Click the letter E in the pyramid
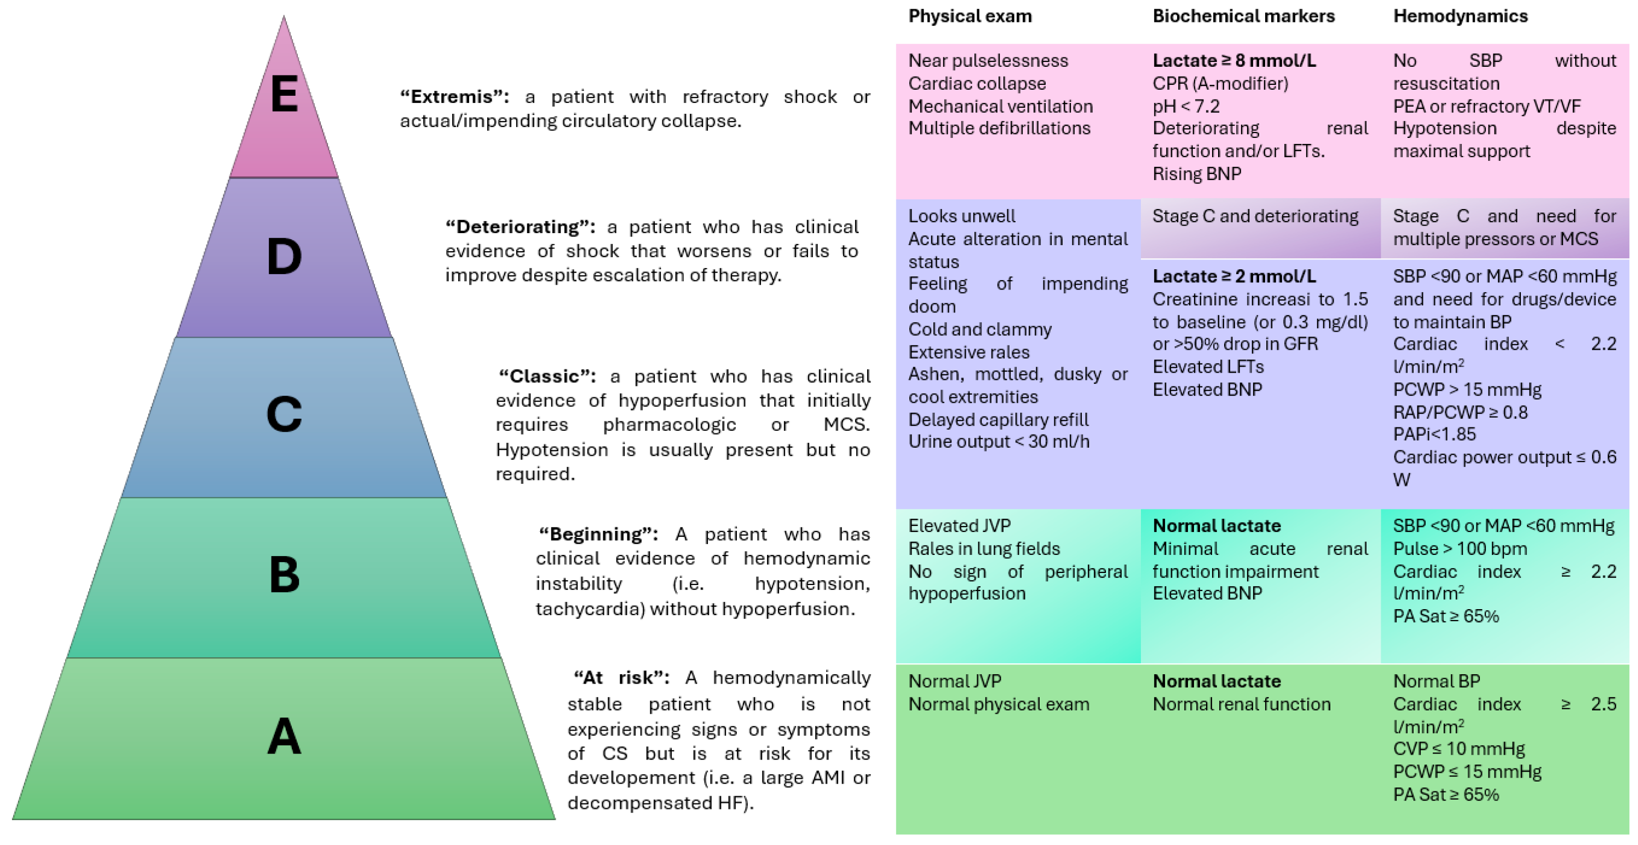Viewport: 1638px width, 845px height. tap(284, 94)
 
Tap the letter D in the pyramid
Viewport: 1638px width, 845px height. tap(284, 257)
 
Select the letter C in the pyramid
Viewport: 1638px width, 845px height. tap(284, 414)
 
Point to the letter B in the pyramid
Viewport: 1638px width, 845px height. tap(284, 575)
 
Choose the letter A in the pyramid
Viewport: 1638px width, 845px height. tap(284, 736)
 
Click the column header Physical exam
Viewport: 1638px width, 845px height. tap(970, 16)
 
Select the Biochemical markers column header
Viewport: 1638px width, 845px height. tap(1243, 16)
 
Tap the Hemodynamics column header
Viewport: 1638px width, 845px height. tap(1460, 16)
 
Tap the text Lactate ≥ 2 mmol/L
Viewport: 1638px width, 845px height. tap(1233, 276)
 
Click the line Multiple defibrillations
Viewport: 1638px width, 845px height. tap(999, 129)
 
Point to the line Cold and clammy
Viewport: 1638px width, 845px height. tap(980, 329)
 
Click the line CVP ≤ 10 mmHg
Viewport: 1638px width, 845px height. tap(1458, 749)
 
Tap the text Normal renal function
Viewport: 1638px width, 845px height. tap(1241, 704)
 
